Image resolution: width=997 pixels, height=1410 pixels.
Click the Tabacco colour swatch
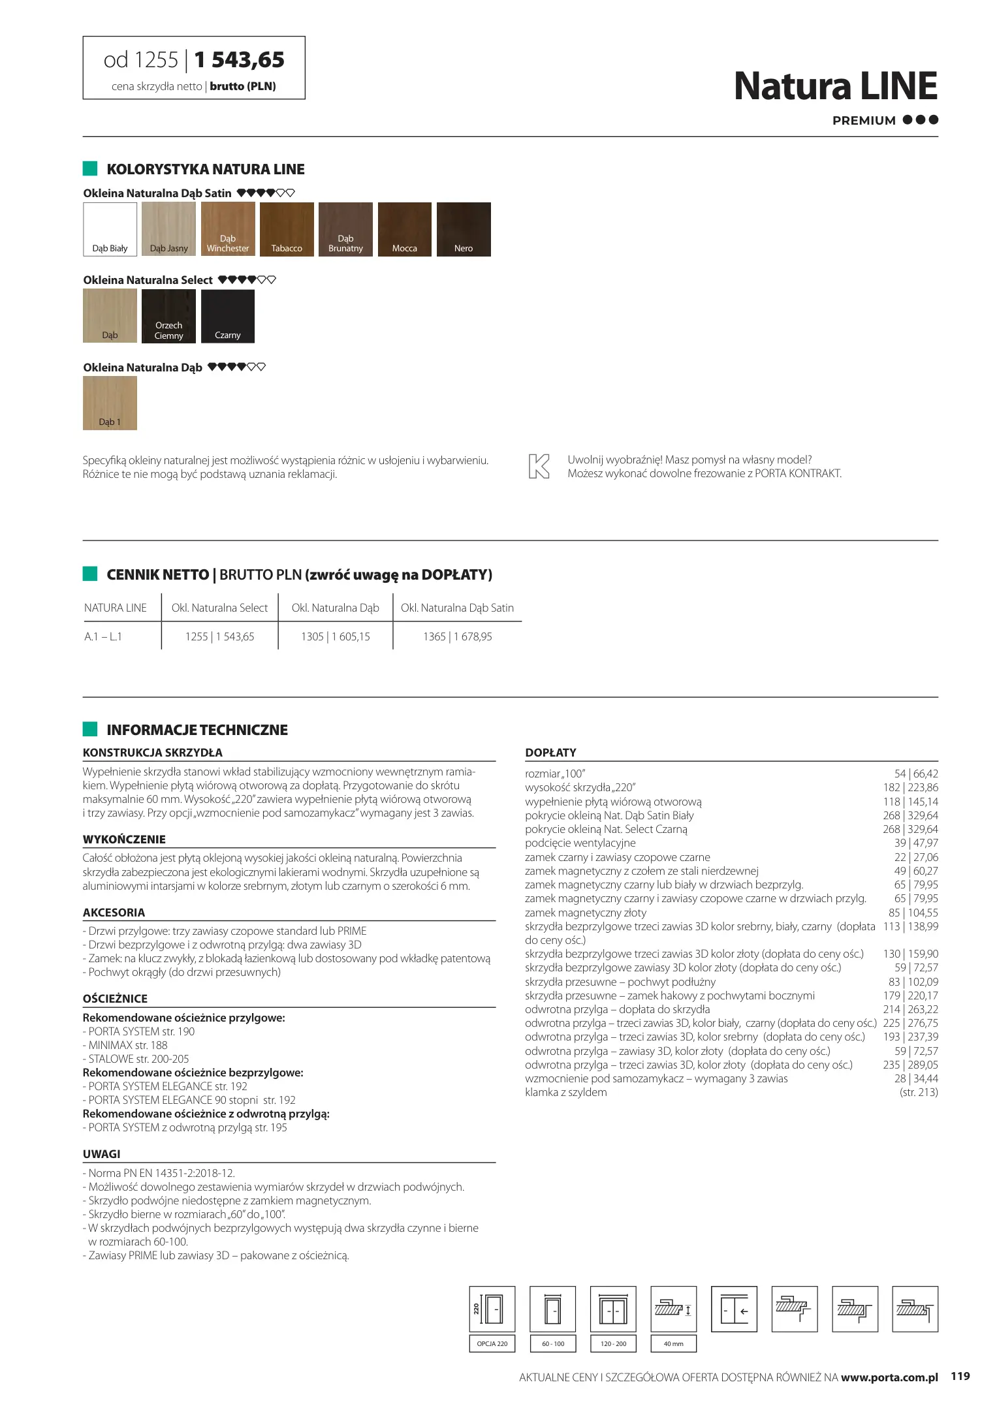click(287, 229)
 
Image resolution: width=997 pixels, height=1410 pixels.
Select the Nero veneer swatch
click(464, 229)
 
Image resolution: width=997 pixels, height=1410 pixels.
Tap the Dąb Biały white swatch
click(110, 229)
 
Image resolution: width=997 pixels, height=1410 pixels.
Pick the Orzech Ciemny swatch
click(168, 316)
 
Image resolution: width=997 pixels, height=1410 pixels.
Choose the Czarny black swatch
click(228, 316)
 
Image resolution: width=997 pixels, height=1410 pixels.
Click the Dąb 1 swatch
click(110, 403)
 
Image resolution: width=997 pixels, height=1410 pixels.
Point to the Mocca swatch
click(405, 229)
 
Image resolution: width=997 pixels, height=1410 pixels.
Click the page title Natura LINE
click(835, 86)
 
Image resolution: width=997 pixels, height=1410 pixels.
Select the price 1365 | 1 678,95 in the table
click(457, 636)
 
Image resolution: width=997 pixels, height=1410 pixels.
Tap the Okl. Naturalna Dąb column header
click(335, 608)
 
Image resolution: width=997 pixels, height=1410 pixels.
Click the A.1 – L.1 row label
click(103, 636)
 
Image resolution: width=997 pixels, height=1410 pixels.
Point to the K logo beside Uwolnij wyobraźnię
click(539, 467)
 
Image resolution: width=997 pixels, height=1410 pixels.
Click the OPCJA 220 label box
click(492, 1343)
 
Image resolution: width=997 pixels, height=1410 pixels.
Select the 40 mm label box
click(673, 1343)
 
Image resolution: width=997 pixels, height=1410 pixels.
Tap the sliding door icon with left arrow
click(734, 1309)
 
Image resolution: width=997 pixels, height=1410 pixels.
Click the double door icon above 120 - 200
click(613, 1309)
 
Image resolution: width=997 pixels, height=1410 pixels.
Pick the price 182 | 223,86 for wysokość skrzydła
click(910, 787)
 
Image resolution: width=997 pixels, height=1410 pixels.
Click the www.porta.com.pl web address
click(889, 1377)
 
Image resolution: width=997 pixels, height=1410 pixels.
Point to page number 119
click(960, 1376)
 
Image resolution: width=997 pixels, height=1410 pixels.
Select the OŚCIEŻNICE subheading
click(115, 999)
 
